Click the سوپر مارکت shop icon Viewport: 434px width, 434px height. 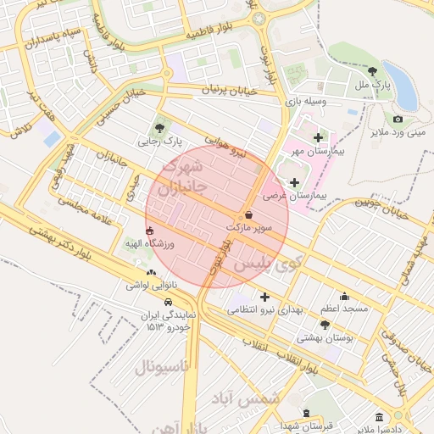[x=248, y=215]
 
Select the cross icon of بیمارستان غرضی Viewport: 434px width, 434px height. [x=294, y=182]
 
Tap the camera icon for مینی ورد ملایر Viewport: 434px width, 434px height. [x=398, y=120]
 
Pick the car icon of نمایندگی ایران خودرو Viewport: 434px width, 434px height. [x=169, y=302]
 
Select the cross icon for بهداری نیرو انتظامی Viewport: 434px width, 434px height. [x=265, y=298]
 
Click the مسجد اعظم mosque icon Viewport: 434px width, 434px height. [x=344, y=296]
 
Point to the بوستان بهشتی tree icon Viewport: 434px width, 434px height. [x=325, y=325]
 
